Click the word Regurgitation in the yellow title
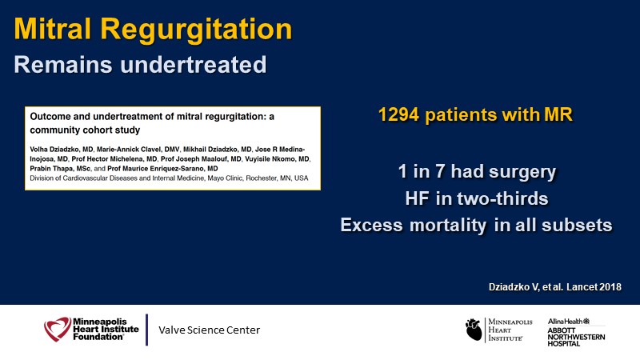196,30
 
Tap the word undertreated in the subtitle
193,65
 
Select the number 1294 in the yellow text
398,114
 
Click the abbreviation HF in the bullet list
417,198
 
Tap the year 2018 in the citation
610,287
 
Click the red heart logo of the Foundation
57,329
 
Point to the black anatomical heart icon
474,330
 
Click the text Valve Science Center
209,330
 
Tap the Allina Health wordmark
569,322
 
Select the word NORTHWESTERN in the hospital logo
576,337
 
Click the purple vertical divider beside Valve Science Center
146,330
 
